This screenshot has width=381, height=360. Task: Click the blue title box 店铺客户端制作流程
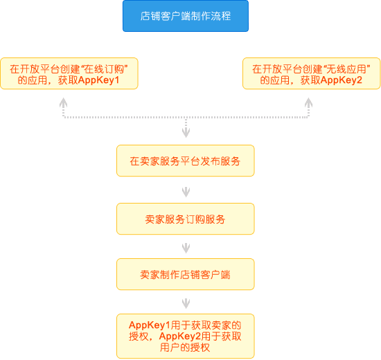[x=186, y=16]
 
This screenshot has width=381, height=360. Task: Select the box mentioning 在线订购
[x=69, y=73]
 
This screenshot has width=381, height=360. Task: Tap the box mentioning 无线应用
[x=312, y=73]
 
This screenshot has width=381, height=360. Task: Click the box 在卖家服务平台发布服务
[x=186, y=161]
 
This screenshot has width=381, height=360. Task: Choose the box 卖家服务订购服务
[x=186, y=219]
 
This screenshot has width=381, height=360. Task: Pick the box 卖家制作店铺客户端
[x=186, y=274]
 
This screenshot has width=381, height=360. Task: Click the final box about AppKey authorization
[x=186, y=336]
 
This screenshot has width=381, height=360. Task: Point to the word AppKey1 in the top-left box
[x=98, y=80]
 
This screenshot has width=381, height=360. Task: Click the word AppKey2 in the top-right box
[x=341, y=80]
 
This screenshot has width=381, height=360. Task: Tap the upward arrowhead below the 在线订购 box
[x=64, y=102]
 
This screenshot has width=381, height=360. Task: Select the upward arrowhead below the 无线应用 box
[x=308, y=102]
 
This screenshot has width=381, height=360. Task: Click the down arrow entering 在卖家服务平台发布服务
[x=186, y=128]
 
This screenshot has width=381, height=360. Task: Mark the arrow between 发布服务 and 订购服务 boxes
[x=186, y=192]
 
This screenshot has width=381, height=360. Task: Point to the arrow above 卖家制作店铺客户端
[x=186, y=248]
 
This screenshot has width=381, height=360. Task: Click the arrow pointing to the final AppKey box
[x=186, y=303]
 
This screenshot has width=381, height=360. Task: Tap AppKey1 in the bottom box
[x=150, y=325]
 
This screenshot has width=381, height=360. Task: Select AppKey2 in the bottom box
[x=180, y=336]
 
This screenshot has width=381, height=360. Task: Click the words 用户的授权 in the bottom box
[x=185, y=348]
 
